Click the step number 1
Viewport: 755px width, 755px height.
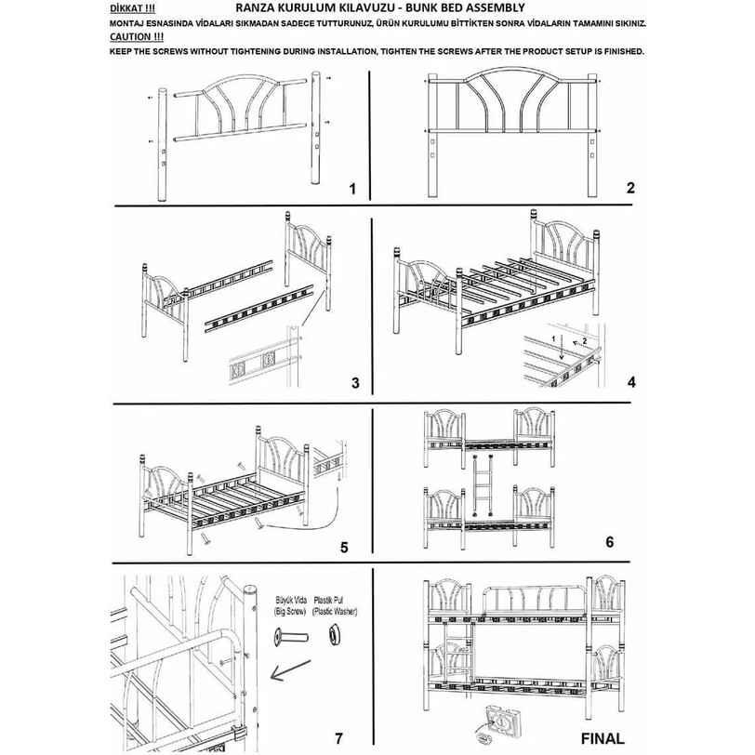352,189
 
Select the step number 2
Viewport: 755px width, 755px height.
630,188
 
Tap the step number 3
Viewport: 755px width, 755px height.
355,383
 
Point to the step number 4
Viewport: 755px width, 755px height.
631,382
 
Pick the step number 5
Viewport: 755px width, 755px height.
344,548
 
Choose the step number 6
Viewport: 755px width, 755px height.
610,542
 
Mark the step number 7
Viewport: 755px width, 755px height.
338,738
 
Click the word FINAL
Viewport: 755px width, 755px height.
602,738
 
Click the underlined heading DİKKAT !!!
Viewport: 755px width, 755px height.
132,8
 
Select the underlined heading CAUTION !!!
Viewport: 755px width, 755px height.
137,36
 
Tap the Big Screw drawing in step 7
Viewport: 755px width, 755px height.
291,638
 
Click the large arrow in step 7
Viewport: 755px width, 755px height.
290,670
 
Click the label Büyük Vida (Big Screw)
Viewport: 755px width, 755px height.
290,606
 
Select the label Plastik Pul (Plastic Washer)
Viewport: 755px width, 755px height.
334,606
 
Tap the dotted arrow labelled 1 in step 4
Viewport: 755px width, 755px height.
561,351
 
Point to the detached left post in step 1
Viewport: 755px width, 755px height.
163,143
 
